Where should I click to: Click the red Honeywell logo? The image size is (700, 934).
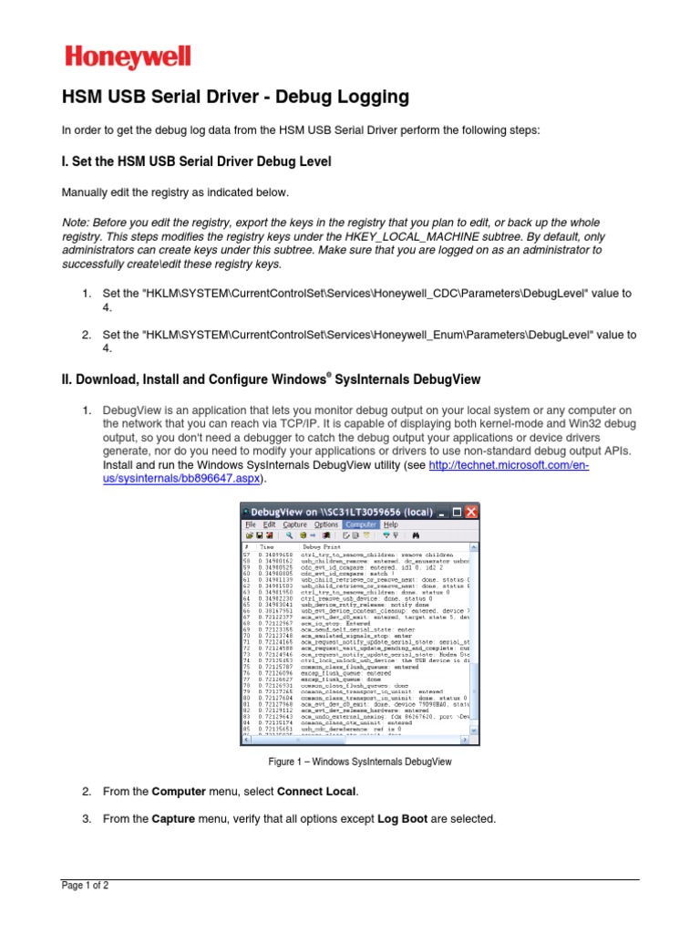point(128,58)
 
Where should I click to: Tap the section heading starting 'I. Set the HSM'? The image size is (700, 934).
point(195,161)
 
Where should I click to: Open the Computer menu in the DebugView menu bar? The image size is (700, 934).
point(362,524)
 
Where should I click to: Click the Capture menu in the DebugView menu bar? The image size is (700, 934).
point(294,524)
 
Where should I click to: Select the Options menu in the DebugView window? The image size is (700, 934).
point(325,524)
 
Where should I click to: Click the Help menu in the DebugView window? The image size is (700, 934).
point(390,524)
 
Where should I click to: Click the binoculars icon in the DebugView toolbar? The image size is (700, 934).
point(414,535)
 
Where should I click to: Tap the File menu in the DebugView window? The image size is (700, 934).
point(249,524)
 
